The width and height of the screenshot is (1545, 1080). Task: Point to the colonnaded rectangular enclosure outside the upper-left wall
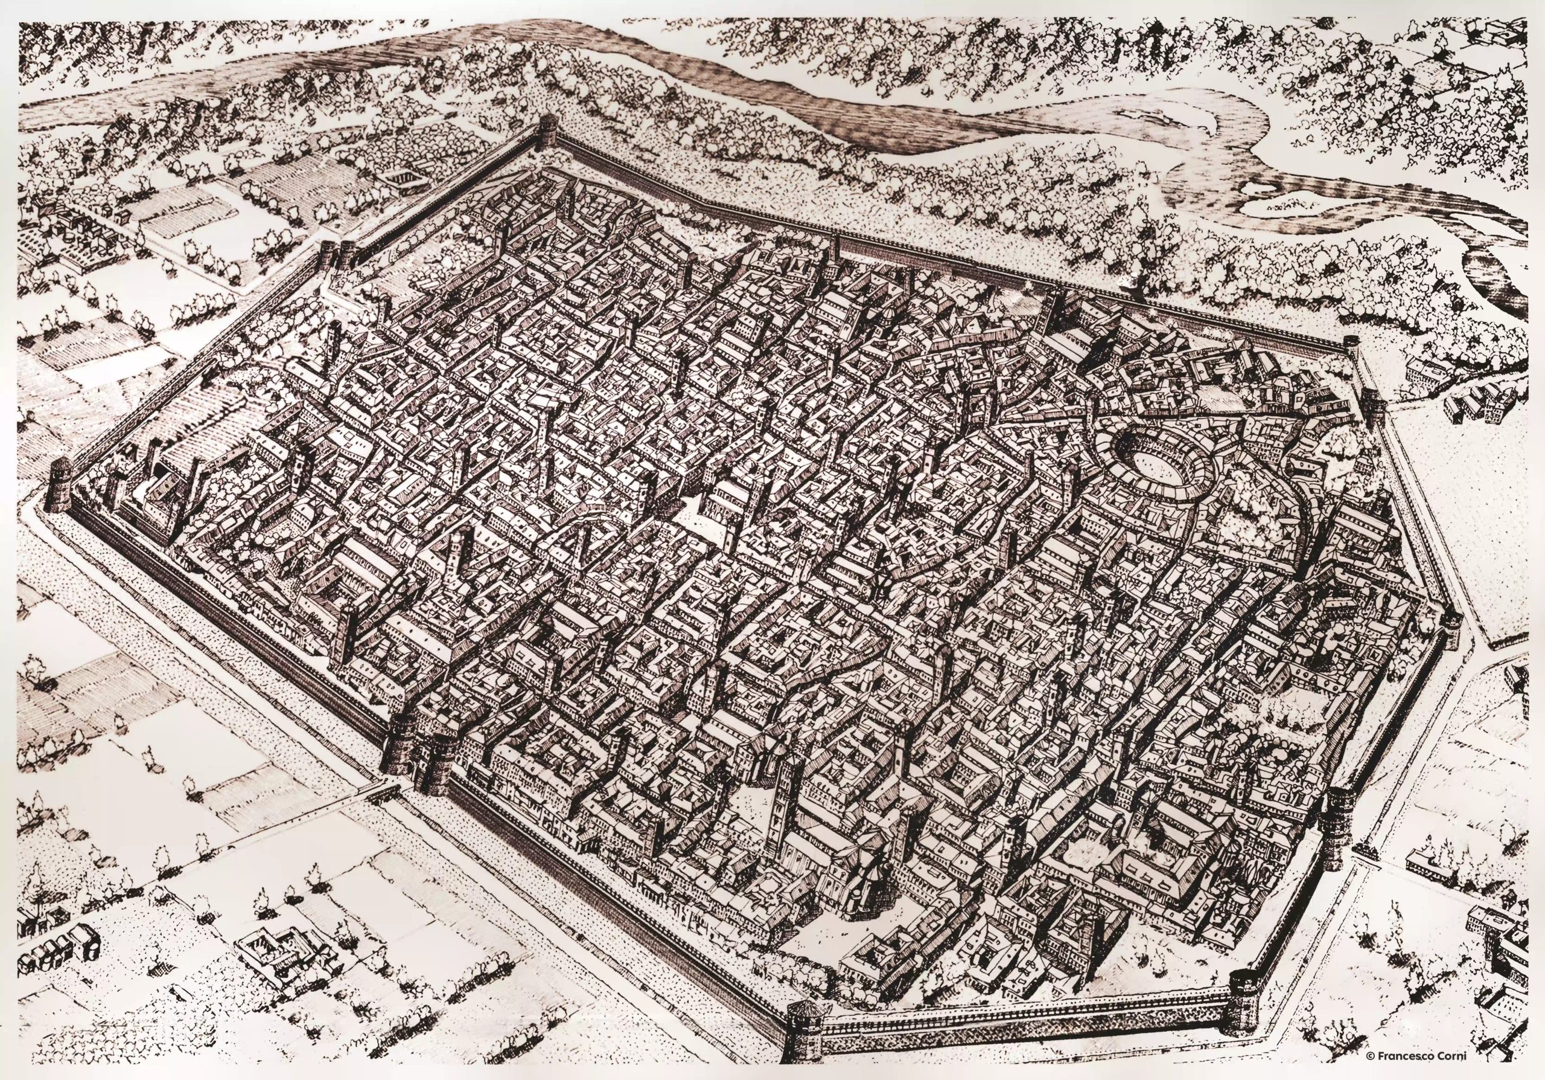403,178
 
